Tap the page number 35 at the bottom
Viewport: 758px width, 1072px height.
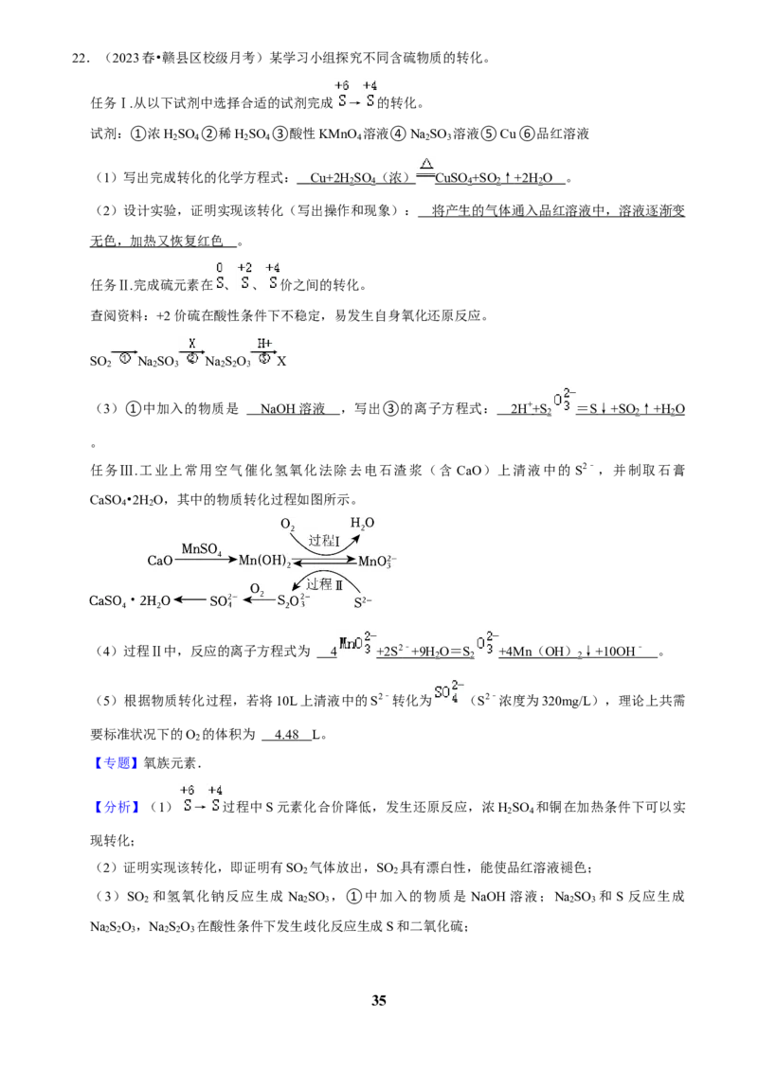[x=379, y=1000]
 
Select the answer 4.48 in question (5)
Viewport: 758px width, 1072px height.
[x=287, y=734]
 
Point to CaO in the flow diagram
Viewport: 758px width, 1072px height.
[x=160, y=561]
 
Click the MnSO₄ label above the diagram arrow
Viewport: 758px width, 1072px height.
[x=201, y=549]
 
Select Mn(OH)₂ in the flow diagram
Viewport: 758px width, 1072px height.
[x=264, y=562]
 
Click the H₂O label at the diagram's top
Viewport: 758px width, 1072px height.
[x=363, y=524]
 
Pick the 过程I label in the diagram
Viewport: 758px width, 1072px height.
[x=324, y=541]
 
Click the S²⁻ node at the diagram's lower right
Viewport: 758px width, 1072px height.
[x=363, y=601]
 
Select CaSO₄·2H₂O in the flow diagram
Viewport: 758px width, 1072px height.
[x=130, y=601]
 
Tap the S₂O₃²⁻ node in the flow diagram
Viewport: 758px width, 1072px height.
[x=294, y=601]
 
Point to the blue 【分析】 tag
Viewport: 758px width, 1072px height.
[x=115, y=807]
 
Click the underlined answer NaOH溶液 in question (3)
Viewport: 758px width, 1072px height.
[x=293, y=409]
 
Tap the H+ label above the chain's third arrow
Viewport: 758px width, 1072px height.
[x=264, y=343]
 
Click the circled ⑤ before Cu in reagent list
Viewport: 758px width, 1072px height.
[x=489, y=134]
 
